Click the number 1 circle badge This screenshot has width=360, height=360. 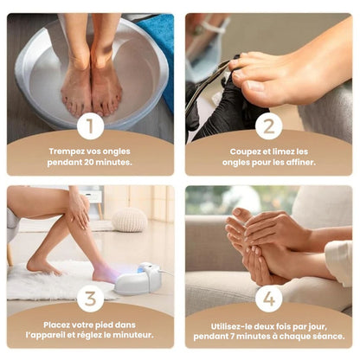90,126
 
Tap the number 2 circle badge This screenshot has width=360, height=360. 269,126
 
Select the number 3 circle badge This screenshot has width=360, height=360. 90,299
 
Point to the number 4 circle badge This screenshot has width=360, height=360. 269,299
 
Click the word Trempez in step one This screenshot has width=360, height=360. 63,151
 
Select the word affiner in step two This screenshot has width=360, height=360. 301,163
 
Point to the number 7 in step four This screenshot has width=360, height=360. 233,337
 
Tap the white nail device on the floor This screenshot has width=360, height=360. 138,278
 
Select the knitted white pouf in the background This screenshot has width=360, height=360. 130,219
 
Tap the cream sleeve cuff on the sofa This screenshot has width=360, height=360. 340,262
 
